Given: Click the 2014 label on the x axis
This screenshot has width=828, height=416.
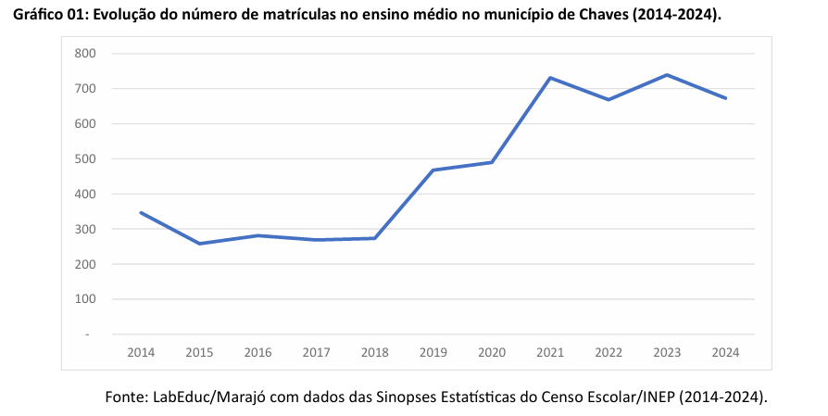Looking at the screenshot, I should click(x=141, y=353).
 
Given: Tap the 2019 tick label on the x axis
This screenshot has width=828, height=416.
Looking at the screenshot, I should click(x=433, y=353).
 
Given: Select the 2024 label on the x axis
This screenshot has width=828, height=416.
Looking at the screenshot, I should click(x=726, y=353).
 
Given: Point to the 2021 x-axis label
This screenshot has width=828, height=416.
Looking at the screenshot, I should click(x=550, y=353).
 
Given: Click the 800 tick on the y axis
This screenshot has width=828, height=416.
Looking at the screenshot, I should click(x=85, y=54).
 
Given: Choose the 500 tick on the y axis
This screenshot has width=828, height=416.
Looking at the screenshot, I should click(x=85, y=159).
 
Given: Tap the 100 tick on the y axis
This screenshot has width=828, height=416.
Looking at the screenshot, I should click(x=85, y=299).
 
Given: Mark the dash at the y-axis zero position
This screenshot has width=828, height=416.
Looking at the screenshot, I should click(x=88, y=334).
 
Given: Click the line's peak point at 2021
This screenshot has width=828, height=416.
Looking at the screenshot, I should click(x=550, y=78).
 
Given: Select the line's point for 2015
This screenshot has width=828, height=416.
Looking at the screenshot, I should click(x=199, y=244).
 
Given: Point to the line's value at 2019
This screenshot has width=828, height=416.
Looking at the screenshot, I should click(x=433, y=170).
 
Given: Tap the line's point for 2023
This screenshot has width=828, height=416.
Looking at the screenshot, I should click(x=668, y=75).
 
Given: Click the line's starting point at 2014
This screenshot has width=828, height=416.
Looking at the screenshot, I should click(x=141, y=213).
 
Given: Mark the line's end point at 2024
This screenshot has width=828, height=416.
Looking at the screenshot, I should click(x=726, y=98).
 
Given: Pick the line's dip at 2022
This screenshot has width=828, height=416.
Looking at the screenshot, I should click(x=608, y=99).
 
